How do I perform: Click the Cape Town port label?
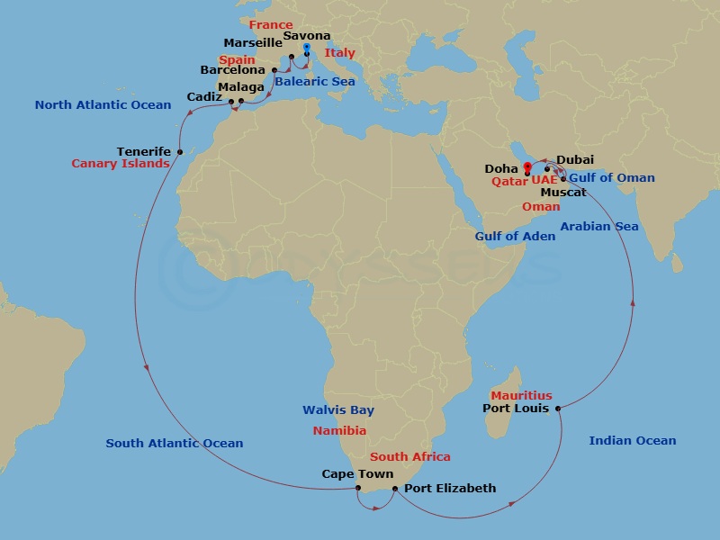tap(357, 474)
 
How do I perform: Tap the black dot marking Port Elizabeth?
tap(394, 489)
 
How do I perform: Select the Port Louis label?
tap(516, 409)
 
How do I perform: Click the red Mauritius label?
tap(521, 396)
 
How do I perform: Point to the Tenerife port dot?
tap(180, 151)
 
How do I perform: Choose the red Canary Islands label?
tap(121, 164)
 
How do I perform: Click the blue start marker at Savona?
tap(306, 48)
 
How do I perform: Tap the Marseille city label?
tap(253, 42)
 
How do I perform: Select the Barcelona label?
tap(233, 69)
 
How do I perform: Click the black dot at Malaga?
tap(241, 101)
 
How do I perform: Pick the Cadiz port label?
tap(206, 96)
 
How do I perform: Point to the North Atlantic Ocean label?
tap(103, 105)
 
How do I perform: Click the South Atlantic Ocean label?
tap(175, 443)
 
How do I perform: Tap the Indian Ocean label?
tap(632, 440)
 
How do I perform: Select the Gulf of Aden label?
tap(515, 236)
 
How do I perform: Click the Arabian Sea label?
tap(599, 226)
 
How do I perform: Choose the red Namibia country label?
tap(339, 430)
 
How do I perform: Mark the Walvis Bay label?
tap(332, 410)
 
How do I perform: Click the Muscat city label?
tap(563, 193)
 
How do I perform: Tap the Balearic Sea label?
tap(315, 82)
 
